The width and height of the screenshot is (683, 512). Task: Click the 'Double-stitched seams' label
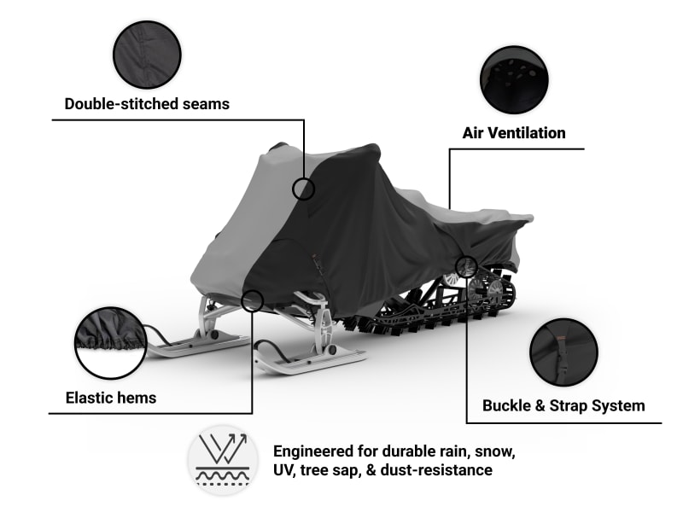147,104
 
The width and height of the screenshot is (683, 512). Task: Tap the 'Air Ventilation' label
514,132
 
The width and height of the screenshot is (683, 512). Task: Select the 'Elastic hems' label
111,397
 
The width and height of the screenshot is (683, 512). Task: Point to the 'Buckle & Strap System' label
563,405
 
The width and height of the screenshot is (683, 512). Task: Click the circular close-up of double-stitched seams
147,55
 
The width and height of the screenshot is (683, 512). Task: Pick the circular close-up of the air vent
514,80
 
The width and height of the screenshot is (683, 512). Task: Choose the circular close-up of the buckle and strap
563,352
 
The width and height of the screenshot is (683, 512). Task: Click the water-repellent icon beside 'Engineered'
223,460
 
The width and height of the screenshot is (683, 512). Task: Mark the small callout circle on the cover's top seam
303,189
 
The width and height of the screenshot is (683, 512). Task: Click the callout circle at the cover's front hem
252,300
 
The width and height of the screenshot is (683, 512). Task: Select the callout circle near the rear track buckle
466,267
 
